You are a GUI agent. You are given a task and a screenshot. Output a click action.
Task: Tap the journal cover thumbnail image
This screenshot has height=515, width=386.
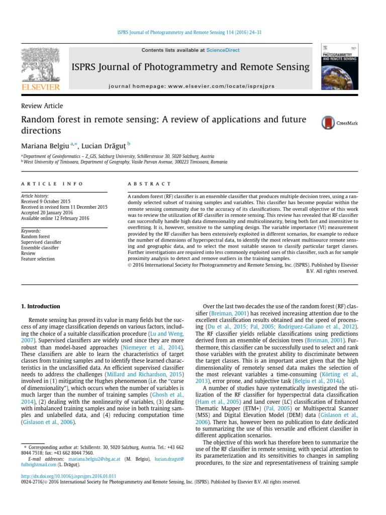[339, 67]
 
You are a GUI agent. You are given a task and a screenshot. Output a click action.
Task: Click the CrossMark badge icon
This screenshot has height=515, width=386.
[339, 123]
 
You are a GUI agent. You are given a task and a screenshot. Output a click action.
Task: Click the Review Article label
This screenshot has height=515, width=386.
[42, 106]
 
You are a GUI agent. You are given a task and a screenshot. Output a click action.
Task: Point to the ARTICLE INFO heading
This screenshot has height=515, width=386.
[52, 184]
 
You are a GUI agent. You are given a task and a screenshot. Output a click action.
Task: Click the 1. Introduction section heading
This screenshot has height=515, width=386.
[40, 306]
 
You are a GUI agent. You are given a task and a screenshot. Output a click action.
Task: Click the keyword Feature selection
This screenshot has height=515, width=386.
[38, 259]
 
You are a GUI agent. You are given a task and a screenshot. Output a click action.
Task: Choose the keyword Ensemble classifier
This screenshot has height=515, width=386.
[40, 247]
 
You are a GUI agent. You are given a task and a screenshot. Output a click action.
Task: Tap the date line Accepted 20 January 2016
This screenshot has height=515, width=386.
[47, 212]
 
